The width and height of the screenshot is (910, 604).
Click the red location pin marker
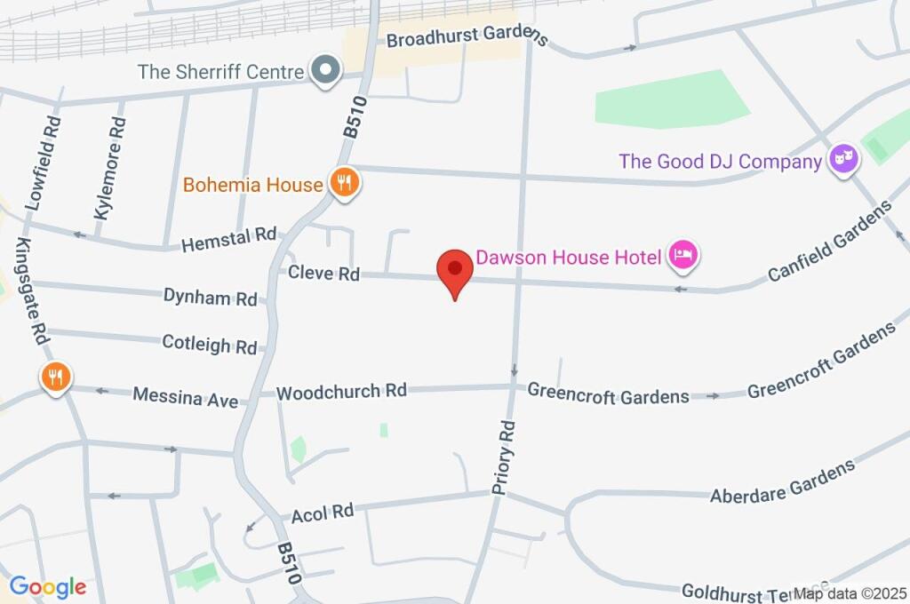pos(455,270)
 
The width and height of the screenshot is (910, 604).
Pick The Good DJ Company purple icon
pos(842,161)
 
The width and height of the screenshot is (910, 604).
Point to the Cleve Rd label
pos(323,274)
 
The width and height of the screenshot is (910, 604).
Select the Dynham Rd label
pos(210,296)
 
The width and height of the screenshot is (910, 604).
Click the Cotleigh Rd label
pos(210,344)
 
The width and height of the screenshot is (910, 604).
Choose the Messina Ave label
pos(185,396)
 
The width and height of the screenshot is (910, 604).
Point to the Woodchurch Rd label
pos(341,391)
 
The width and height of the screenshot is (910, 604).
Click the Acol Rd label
pos(323,513)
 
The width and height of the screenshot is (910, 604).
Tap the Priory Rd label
pos(504,456)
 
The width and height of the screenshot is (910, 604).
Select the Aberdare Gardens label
pos(782,482)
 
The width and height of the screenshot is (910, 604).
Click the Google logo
pos(47,586)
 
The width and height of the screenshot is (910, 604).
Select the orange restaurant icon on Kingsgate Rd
pos(55,377)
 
